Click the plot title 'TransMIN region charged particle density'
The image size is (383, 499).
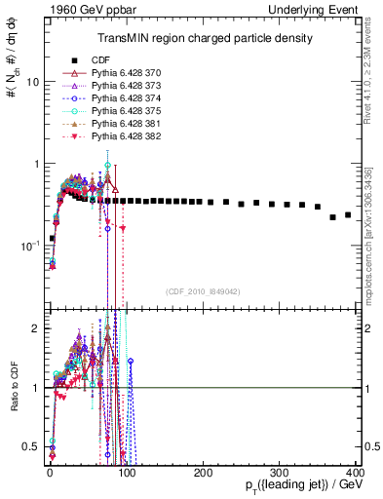coord(204,39)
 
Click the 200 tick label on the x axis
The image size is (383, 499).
coord(203,473)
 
